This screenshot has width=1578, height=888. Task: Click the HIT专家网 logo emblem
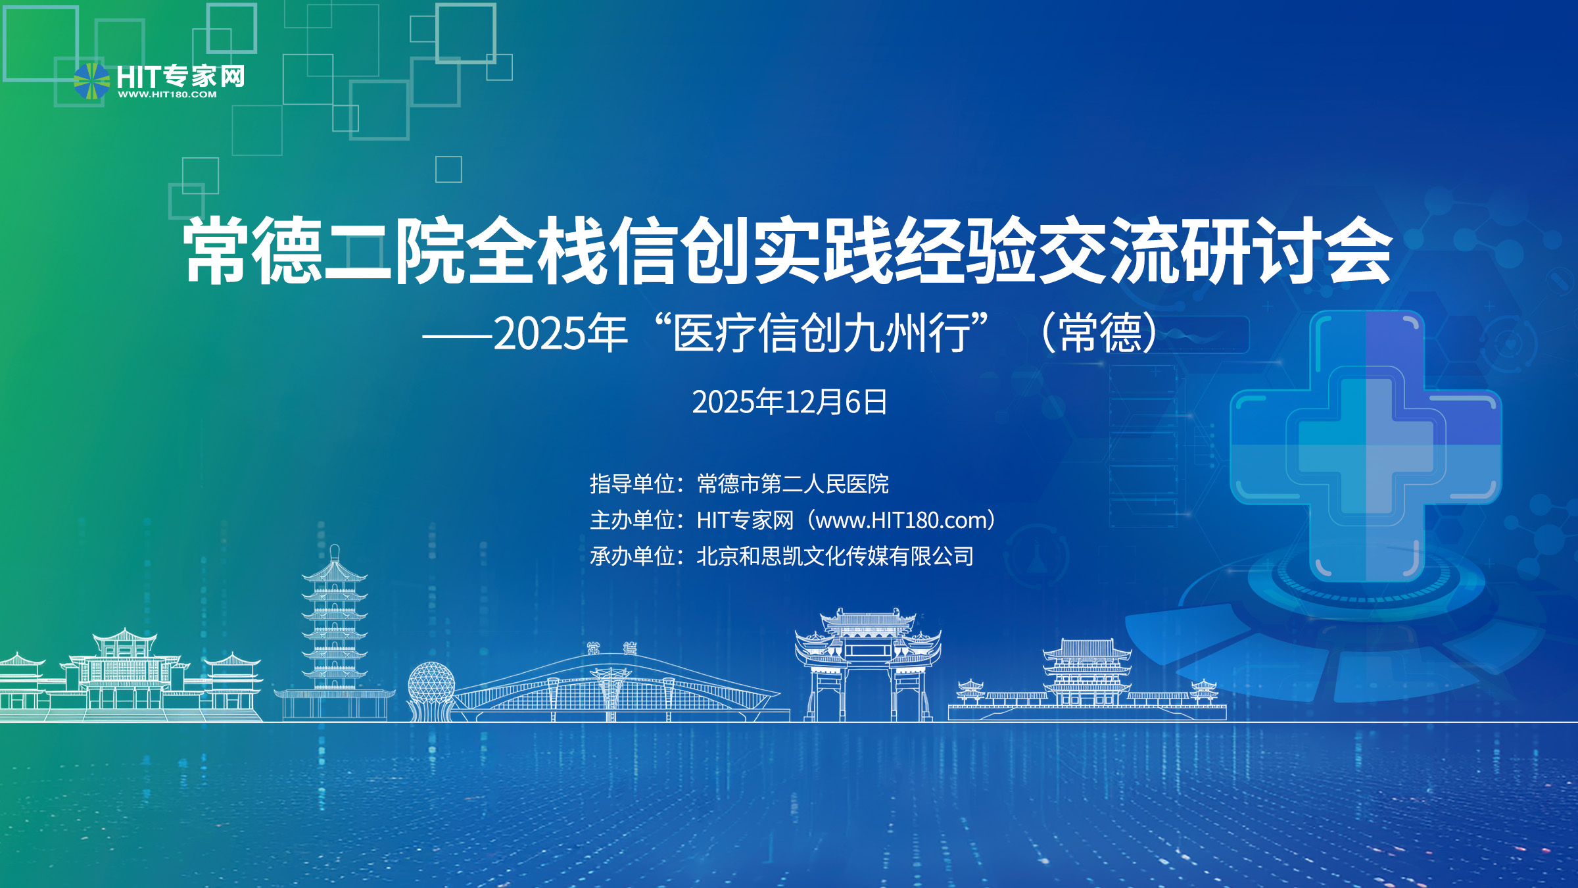click(91, 81)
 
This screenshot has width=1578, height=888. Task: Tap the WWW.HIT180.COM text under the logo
click(167, 95)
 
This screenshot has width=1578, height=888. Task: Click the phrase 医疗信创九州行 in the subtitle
click(822, 333)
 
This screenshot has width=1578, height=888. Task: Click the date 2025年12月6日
click(790, 402)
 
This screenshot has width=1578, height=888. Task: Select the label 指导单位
click(633, 484)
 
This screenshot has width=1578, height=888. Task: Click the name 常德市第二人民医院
click(793, 484)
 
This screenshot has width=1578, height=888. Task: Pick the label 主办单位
click(633, 520)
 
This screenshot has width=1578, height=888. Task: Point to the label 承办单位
click(633, 556)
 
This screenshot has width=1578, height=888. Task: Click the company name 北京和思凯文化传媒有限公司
click(835, 556)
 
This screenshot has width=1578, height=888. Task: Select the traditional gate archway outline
click(868, 664)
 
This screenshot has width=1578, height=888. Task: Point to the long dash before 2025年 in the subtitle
click(457, 336)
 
